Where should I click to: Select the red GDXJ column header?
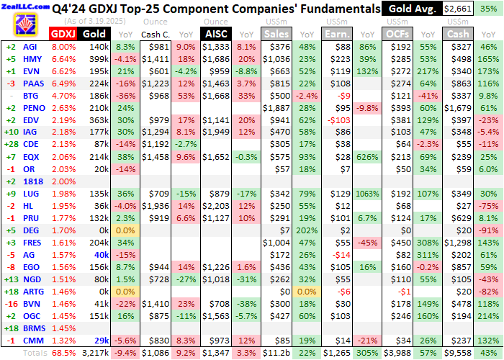(x=63, y=34)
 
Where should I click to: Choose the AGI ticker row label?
(x=30, y=47)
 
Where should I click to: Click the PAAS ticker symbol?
(x=30, y=84)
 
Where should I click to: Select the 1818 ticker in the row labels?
(x=30, y=181)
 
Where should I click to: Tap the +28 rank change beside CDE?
(x=11, y=145)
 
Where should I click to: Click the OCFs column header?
(x=399, y=34)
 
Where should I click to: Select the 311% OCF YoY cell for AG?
(x=429, y=255)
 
